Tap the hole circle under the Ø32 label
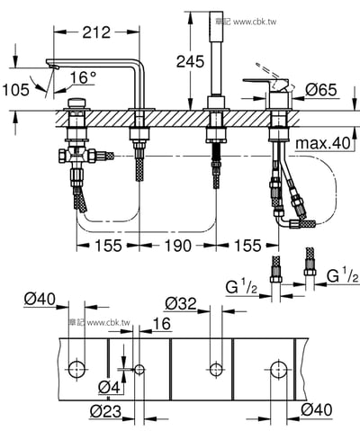click(x=215, y=368)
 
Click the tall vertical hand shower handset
click(x=217, y=45)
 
